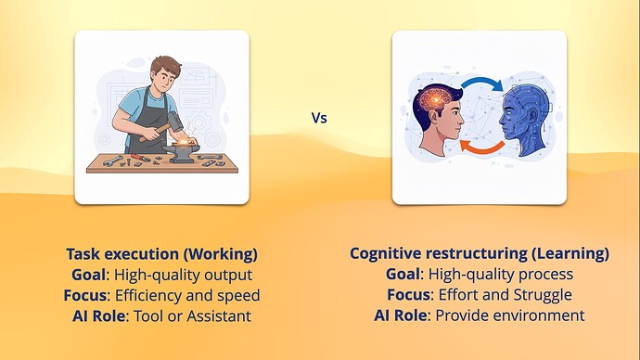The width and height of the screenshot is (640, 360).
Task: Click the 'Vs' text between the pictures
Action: (318, 119)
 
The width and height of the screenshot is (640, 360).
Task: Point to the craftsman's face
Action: (160, 74)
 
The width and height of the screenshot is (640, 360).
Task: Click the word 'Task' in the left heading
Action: (83, 253)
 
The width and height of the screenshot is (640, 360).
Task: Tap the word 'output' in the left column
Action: (228, 275)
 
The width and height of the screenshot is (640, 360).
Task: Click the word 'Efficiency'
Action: (153, 295)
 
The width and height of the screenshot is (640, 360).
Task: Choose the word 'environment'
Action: (541, 315)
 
